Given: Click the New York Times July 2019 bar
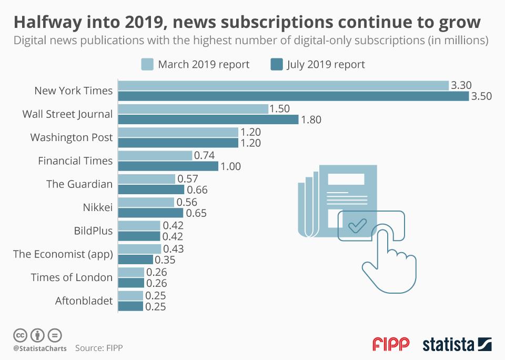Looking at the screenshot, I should (x=293, y=96).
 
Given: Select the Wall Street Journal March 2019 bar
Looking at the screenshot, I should (x=193, y=108).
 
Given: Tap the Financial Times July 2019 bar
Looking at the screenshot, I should (x=168, y=166).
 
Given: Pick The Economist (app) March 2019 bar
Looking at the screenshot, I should (x=139, y=249).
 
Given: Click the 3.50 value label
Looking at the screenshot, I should (x=481, y=97).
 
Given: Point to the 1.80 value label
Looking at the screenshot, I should (x=311, y=120).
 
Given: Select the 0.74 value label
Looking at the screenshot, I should (x=205, y=155).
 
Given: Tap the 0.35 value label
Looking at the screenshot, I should (x=165, y=259).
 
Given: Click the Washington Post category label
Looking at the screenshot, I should (x=72, y=137).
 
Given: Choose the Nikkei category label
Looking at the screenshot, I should (x=98, y=207).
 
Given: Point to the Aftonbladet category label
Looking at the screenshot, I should (x=84, y=301).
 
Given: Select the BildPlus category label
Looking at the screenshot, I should (x=93, y=231).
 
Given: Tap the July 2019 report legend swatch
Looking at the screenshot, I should (x=277, y=65).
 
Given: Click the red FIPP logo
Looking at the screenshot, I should (x=391, y=344).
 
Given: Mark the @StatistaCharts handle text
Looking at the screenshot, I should (x=40, y=348).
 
